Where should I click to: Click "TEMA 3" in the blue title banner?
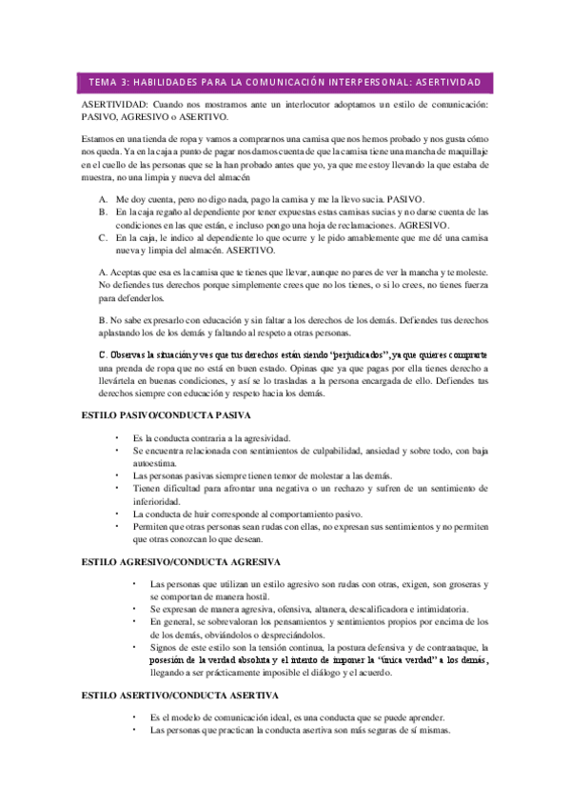click(103, 82)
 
